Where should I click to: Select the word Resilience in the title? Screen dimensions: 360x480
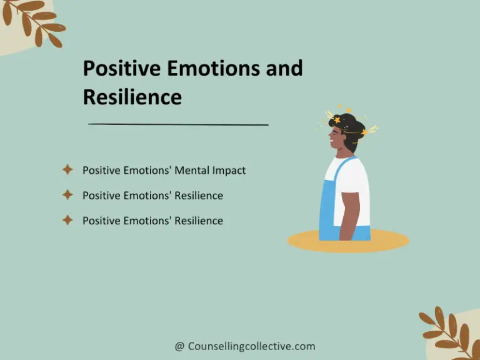click(132, 97)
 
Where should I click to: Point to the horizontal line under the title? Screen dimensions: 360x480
click(178, 124)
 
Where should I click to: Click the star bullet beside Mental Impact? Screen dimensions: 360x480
click(67, 169)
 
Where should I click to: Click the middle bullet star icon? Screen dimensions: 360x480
click(67, 194)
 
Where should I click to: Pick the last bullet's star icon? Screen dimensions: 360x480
click(67, 220)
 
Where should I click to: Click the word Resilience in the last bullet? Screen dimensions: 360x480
click(199, 221)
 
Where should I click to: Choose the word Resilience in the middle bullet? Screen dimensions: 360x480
click(199, 196)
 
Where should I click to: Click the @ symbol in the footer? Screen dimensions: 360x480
click(179, 346)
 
